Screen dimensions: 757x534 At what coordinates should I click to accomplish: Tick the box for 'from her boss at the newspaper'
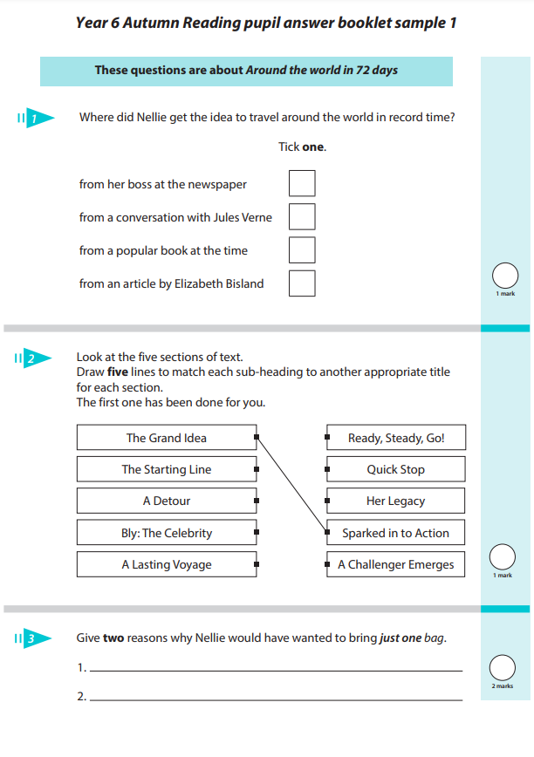pos(302,183)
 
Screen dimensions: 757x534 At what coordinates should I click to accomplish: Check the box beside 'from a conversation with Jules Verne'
pos(302,216)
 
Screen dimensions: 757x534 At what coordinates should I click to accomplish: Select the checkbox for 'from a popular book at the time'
pos(302,249)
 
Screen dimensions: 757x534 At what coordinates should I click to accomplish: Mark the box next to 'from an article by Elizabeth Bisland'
pos(302,283)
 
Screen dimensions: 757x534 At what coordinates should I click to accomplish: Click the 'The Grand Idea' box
pos(166,438)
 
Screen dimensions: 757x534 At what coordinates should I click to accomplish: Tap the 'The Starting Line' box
pos(166,469)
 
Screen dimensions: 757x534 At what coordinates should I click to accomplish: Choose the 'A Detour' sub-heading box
pos(166,501)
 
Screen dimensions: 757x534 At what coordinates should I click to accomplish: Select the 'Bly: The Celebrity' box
pos(166,533)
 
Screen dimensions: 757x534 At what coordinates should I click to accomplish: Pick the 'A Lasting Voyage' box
pos(166,564)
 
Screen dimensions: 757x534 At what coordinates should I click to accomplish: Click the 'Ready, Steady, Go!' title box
pos(395,438)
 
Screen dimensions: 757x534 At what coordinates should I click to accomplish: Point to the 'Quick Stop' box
pos(395,469)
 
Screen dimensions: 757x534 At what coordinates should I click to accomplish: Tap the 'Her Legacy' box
pos(395,501)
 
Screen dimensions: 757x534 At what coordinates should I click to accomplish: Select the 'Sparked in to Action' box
pos(395,533)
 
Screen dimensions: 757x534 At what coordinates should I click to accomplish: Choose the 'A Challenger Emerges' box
pos(395,564)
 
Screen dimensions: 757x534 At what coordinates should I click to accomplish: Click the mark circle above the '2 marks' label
pos(503,667)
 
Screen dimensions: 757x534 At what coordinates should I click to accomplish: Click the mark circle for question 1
pos(505,276)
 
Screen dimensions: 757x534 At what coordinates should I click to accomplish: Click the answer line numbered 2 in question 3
pos(276,699)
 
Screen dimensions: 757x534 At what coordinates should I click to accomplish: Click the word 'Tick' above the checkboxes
pos(289,147)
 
